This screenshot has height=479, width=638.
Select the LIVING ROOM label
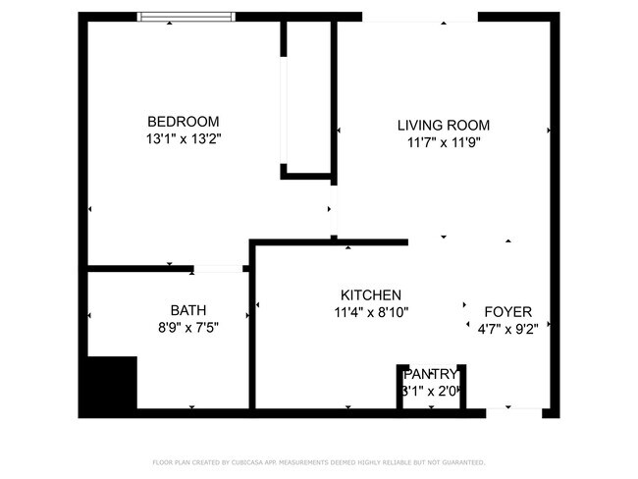point(443,125)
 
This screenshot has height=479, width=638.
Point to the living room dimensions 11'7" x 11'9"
point(443,142)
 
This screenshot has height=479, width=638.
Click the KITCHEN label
point(370,295)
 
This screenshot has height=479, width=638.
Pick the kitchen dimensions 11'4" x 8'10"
point(370,312)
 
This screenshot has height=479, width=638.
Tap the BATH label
point(187,308)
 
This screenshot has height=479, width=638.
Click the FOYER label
point(507,312)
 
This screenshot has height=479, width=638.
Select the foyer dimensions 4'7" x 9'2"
point(507,329)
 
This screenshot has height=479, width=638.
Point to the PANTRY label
point(430,374)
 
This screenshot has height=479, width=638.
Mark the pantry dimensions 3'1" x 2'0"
point(430,391)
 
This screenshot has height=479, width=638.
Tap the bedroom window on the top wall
point(186,16)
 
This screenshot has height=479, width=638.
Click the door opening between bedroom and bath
point(218,268)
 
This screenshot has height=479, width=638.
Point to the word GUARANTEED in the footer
point(460,461)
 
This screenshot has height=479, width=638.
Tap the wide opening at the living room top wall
point(406,18)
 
